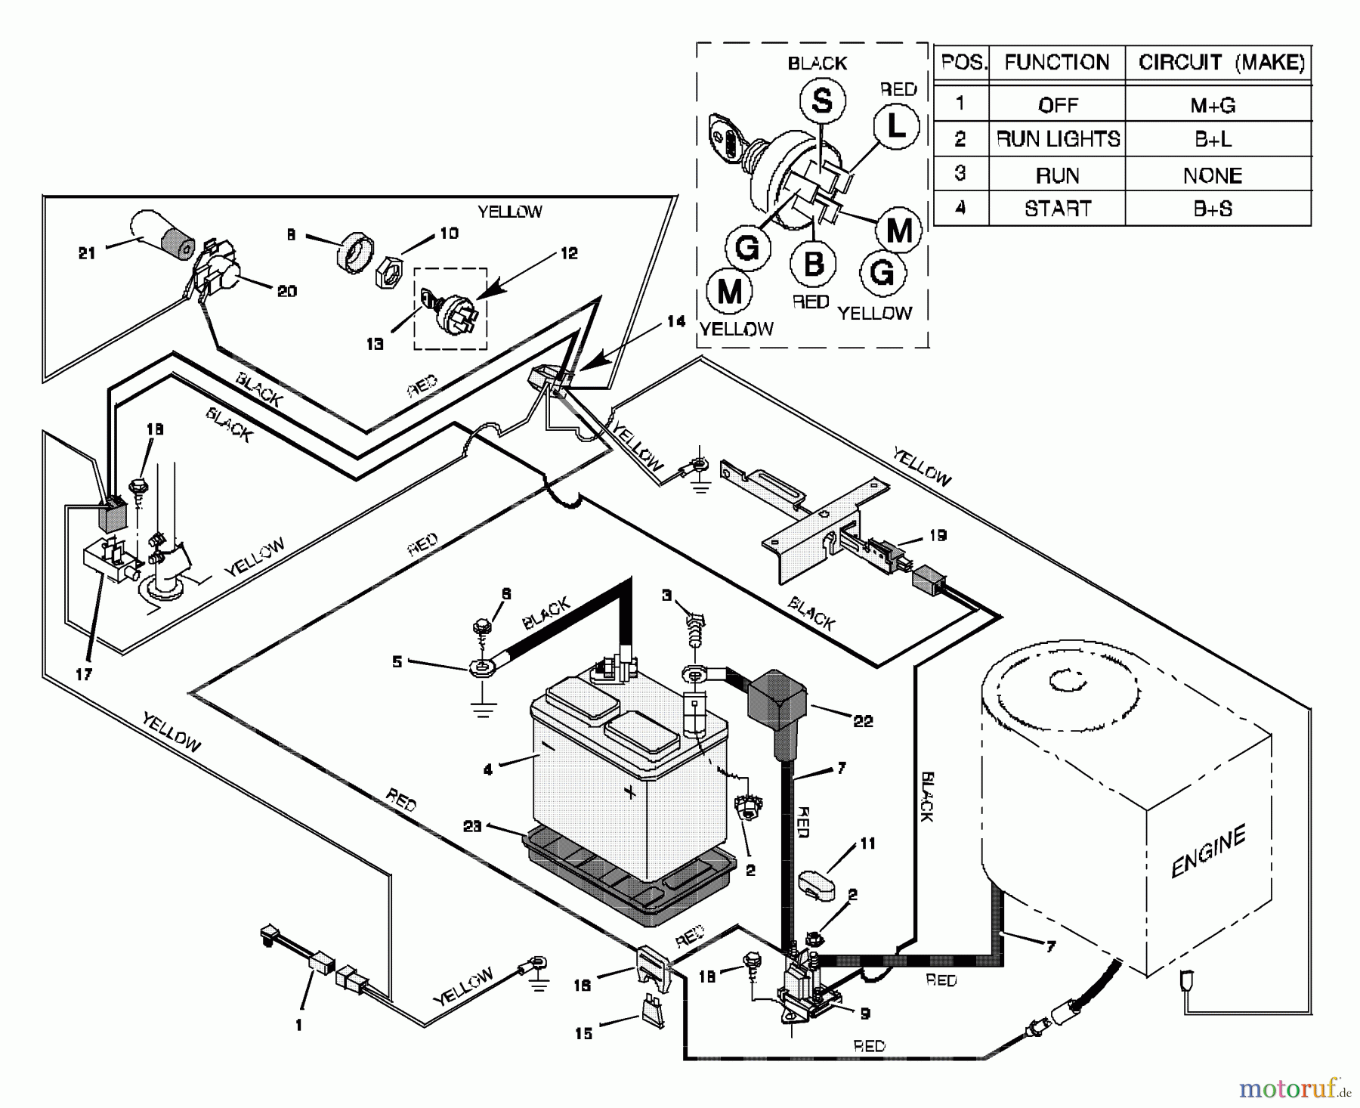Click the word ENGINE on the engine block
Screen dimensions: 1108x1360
(x=1207, y=852)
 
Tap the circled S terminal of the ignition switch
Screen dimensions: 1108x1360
(x=821, y=100)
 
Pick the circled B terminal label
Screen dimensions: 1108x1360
(x=813, y=265)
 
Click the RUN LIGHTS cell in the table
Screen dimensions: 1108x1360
(x=1058, y=139)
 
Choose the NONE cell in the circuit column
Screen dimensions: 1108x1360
(x=1212, y=175)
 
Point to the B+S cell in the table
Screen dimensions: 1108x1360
(x=1213, y=209)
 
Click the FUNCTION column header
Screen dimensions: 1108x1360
(x=1056, y=63)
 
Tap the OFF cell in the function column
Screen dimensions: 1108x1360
(x=1058, y=105)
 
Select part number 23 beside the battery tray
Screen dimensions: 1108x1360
(x=472, y=826)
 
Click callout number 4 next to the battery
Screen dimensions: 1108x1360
(x=488, y=769)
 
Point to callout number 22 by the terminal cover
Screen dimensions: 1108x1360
(x=863, y=721)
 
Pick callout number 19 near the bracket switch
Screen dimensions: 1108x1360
(x=937, y=535)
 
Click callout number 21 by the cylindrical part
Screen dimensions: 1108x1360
(x=87, y=253)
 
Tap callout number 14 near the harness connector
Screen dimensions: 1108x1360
(x=675, y=322)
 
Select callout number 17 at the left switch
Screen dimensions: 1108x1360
(x=84, y=673)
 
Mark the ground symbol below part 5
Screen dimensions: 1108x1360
(x=483, y=710)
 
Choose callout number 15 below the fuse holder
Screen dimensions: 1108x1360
(x=583, y=1033)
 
